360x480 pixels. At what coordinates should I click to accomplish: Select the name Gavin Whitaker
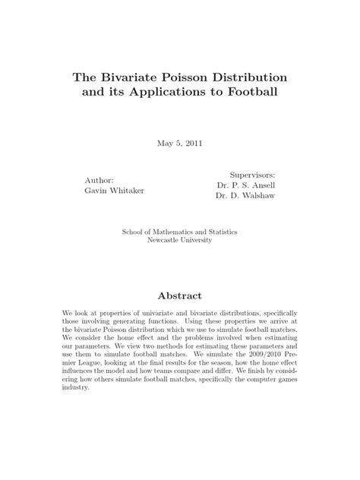tap(114, 190)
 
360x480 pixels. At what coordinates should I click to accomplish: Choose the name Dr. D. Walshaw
tap(245, 195)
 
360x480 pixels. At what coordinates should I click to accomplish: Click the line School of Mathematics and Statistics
tap(180, 232)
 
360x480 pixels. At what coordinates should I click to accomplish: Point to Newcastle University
tap(180, 242)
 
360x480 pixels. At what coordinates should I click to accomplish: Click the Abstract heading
tap(180, 295)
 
